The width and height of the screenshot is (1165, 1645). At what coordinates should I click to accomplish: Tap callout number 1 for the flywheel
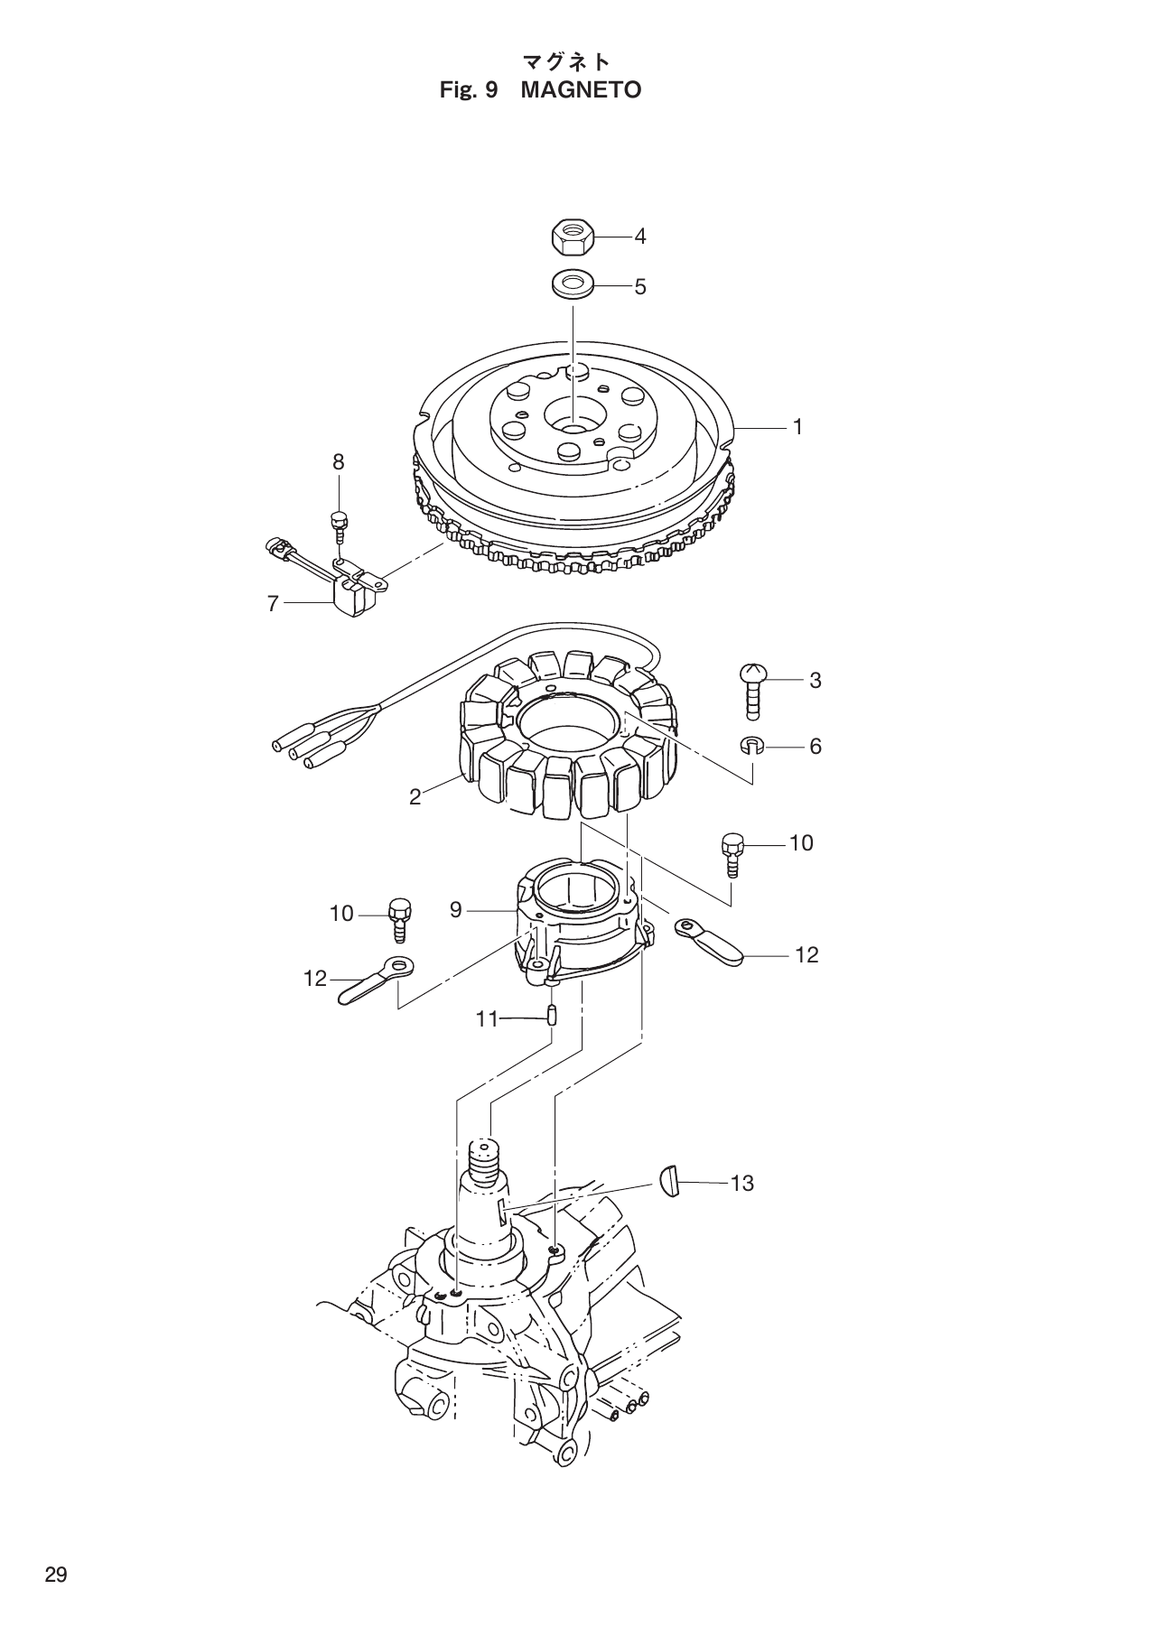[797, 427]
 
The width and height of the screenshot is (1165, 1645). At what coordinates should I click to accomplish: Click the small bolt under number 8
[339, 524]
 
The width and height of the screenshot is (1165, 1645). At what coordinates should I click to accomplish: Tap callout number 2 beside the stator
[415, 797]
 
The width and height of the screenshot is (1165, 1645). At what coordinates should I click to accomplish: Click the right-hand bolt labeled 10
[731, 854]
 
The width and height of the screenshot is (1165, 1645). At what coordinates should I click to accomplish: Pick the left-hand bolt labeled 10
[398, 918]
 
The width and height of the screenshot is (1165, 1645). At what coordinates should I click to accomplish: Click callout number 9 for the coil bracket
[455, 910]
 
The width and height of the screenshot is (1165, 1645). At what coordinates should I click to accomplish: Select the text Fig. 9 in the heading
[468, 90]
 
